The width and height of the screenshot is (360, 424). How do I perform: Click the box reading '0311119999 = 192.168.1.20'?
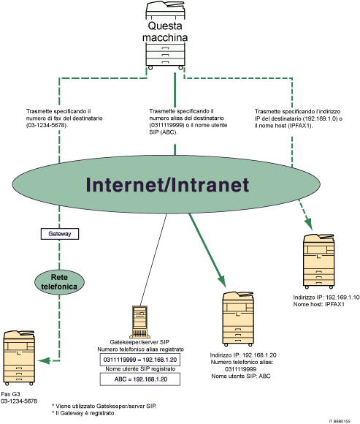click(x=139, y=360)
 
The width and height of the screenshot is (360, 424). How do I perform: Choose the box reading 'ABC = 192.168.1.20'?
click(x=139, y=379)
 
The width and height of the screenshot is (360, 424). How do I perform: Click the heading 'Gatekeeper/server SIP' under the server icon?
click(x=138, y=342)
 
